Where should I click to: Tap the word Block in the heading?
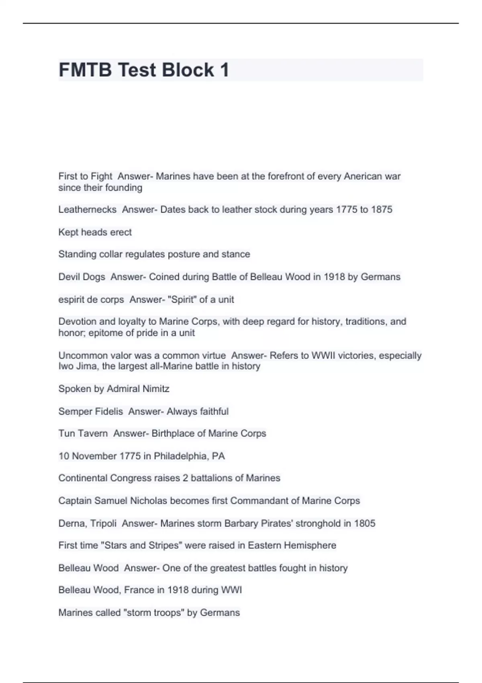point(188,70)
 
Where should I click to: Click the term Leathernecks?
point(87,210)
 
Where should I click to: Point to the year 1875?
point(381,210)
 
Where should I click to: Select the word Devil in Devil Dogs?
point(69,277)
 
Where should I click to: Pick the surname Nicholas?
point(150,501)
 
